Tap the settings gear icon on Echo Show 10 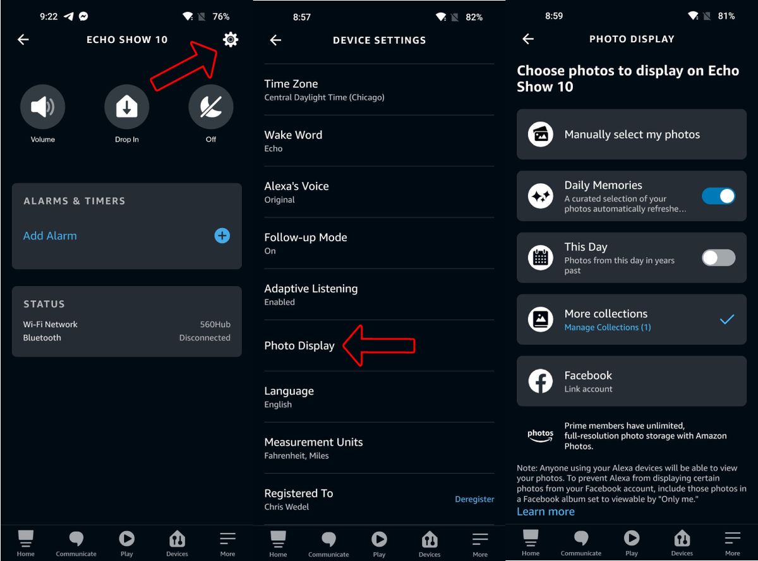(x=231, y=40)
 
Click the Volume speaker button (x=43, y=107)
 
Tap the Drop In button (x=126, y=107)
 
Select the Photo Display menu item (x=299, y=346)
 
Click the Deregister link (x=474, y=499)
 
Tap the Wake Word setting (x=293, y=141)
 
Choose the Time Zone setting (x=291, y=90)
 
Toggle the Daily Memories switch (x=718, y=196)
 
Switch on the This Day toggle (x=718, y=258)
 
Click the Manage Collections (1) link (x=607, y=327)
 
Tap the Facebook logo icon (x=541, y=382)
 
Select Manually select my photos (x=632, y=135)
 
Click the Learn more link (x=546, y=512)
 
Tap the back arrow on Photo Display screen (x=528, y=39)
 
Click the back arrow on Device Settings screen (x=275, y=40)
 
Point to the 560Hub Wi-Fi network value (x=215, y=324)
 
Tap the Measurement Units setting (x=313, y=448)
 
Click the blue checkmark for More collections (x=727, y=320)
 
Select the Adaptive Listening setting (x=311, y=294)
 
